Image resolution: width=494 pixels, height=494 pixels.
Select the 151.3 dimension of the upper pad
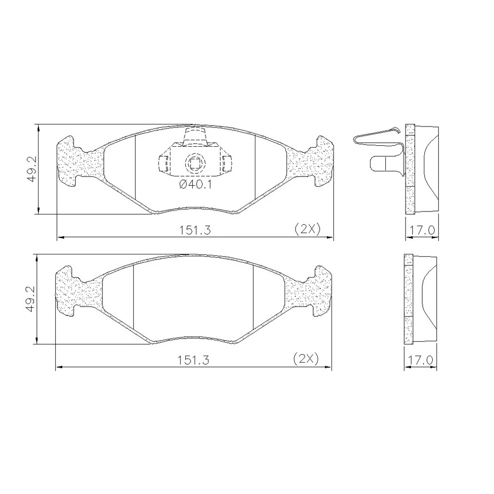195,230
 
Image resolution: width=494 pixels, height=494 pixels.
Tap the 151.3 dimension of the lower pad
194,360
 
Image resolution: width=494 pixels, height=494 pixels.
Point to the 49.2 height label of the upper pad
32,168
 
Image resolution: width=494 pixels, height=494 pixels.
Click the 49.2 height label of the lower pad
31,300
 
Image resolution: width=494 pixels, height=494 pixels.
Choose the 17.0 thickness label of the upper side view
422,230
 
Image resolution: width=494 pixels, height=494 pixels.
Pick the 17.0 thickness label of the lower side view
420,360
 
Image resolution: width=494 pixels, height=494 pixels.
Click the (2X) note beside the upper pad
307,229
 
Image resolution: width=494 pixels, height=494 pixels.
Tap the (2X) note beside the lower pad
306,359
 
